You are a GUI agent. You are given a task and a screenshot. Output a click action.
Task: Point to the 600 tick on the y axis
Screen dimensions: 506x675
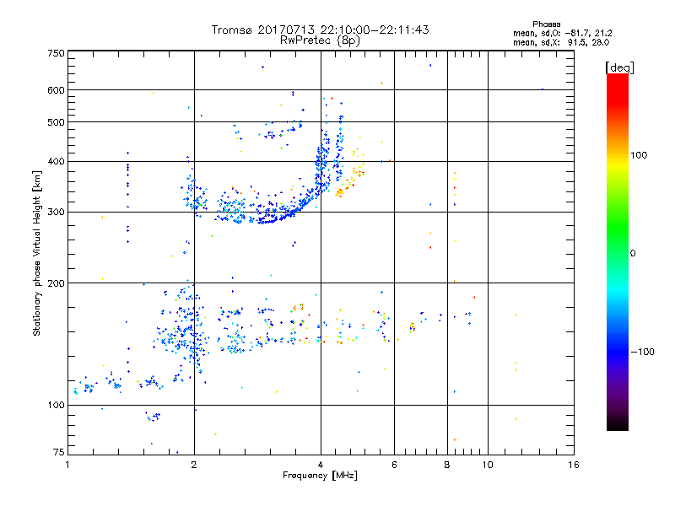point(56,90)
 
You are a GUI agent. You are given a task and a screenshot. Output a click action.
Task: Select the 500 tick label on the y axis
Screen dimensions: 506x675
point(56,122)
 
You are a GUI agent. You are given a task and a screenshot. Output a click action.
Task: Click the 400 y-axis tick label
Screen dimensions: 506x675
point(56,161)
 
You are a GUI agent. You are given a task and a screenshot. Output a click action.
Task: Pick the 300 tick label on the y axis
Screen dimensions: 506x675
point(56,212)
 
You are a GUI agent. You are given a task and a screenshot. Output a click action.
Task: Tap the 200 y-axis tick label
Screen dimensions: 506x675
point(56,283)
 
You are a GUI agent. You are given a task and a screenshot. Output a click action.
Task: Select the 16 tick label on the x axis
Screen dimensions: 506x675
point(573,465)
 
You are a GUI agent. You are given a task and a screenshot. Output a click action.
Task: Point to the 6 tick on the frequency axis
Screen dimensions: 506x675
point(394,465)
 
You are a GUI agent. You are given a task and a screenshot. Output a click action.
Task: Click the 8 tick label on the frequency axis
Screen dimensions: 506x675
point(447,465)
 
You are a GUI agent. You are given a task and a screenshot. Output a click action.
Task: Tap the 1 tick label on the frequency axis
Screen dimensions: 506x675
point(67,465)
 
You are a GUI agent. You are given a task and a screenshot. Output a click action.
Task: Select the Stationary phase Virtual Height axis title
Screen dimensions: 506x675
point(37,253)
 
